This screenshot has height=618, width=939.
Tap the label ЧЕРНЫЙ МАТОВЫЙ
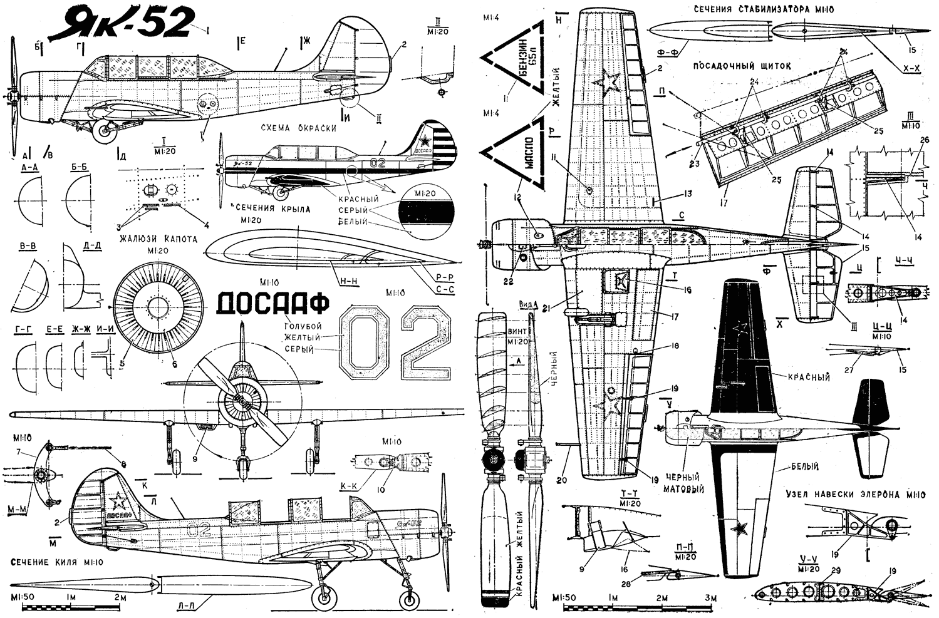(x=684, y=483)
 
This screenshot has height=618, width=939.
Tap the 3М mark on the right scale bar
(x=710, y=599)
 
